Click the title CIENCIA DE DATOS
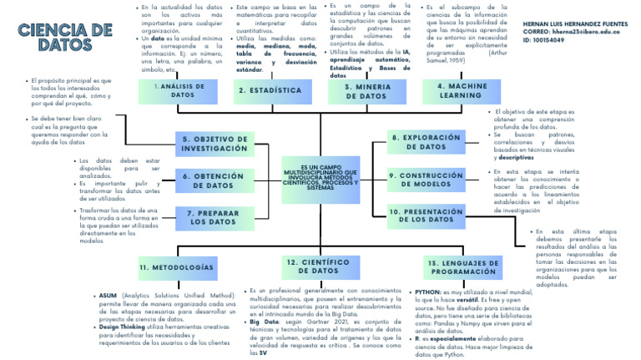tap(64, 37)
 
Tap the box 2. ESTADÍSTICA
tap(270, 90)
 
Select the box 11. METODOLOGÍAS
tap(177, 267)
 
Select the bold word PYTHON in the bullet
tap(426, 292)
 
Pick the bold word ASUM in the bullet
tap(108, 296)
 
